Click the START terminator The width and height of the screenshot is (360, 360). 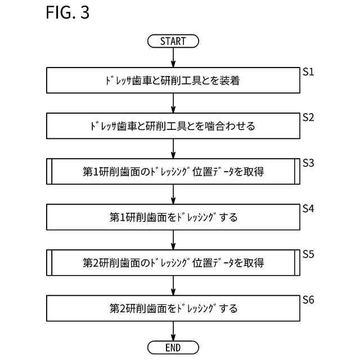pyautogui.click(x=173, y=41)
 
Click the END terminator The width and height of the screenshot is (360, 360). pyautogui.click(x=173, y=348)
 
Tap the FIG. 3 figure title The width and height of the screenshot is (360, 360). pyautogui.click(x=67, y=13)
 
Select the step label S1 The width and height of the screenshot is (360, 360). pyautogui.click(x=308, y=73)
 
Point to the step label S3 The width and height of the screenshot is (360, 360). pyautogui.click(x=308, y=163)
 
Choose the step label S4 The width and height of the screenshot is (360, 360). pyautogui.click(x=308, y=209)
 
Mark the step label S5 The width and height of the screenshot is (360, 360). pyautogui.click(x=308, y=254)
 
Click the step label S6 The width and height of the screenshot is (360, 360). pyautogui.click(x=308, y=300)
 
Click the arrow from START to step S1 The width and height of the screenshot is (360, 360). pyautogui.click(x=173, y=58)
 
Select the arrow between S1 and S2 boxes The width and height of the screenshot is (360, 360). pyautogui.click(x=173, y=103)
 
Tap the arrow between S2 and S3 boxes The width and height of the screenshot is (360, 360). pyautogui.click(x=173, y=148)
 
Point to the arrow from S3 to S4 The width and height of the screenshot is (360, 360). pyautogui.click(x=173, y=194)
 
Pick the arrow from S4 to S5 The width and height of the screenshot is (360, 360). pyautogui.click(x=173, y=240)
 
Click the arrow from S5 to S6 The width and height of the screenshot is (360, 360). pyautogui.click(x=173, y=285)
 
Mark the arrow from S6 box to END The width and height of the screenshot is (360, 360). pyautogui.click(x=173, y=331)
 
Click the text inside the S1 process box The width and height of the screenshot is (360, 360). pyautogui.click(x=173, y=81)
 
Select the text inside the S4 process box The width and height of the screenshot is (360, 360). pyautogui.click(x=173, y=217)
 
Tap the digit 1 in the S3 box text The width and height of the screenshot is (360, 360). pyautogui.click(x=95, y=172)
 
